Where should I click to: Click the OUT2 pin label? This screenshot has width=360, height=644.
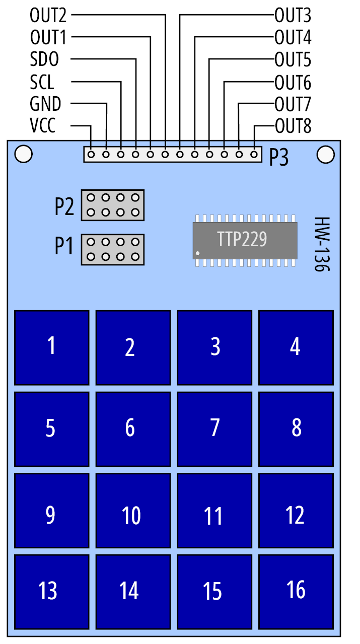[x=48, y=15]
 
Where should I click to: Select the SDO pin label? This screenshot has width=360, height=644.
[x=44, y=59]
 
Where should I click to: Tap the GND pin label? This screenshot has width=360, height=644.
[x=45, y=104]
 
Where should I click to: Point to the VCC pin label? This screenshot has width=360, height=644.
[x=43, y=125]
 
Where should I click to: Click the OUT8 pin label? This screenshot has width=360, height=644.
[x=293, y=126]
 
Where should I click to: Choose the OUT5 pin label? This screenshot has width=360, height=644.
[x=293, y=60]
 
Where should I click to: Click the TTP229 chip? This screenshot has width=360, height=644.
[x=245, y=241]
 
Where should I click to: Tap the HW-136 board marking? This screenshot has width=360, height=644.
[x=322, y=244]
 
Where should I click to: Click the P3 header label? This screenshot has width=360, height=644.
[x=278, y=157]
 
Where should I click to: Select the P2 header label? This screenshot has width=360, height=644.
[x=64, y=206]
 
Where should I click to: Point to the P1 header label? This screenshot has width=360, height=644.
[x=63, y=246]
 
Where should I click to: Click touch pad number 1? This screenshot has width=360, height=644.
[x=52, y=347]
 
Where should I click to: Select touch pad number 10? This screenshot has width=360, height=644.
[x=133, y=511]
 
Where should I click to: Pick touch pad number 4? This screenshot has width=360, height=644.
[x=296, y=347]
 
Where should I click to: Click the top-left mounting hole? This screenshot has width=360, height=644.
[x=24, y=154]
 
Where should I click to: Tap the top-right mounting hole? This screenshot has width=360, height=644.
[x=325, y=155]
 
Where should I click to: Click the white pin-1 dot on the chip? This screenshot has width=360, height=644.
[x=197, y=253]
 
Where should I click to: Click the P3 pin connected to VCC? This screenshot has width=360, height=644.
[x=91, y=155]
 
